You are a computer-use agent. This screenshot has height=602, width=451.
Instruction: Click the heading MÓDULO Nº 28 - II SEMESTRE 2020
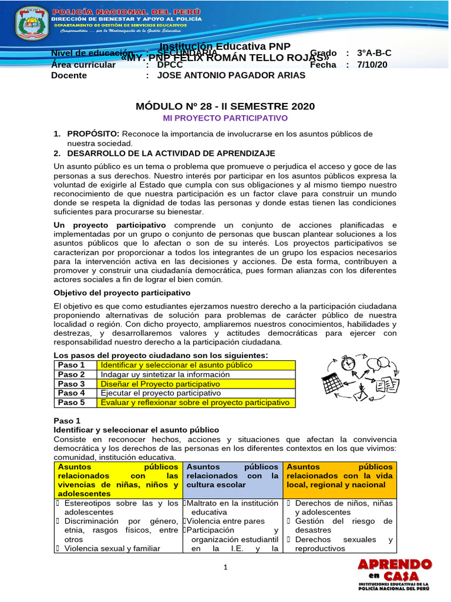pyautogui.click(x=225, y=106)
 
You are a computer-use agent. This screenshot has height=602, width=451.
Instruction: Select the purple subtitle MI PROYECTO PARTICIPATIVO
pyautogui.click(x=225, y=118)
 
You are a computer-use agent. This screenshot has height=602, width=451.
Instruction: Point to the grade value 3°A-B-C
pyautogui.click(x=374, y=53)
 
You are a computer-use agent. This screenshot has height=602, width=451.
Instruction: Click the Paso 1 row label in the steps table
pyautogui.click(x=71, y=365)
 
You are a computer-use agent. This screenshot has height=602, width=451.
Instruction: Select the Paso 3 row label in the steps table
pyautogui.click(x=71, y=384)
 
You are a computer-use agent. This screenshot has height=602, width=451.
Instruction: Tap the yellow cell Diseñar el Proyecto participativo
pyautogui.click(x=160, y=384)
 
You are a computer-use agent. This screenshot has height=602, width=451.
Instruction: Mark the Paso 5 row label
pyautogui.click(x=71, y=403)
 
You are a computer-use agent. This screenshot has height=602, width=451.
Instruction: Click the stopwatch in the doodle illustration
pyautogui.click(x=348, y=362)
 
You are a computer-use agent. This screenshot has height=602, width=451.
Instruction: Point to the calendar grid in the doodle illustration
pyautogui.click(x=333, y=384)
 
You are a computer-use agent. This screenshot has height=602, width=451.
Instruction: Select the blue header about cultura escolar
pyautogui.click(x=233, y=476)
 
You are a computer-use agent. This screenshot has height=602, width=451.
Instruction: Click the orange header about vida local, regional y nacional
pyautogui.click(x=340, y=476)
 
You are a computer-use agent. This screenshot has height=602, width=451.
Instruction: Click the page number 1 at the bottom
pyautogui.click(x=225, y=567)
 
